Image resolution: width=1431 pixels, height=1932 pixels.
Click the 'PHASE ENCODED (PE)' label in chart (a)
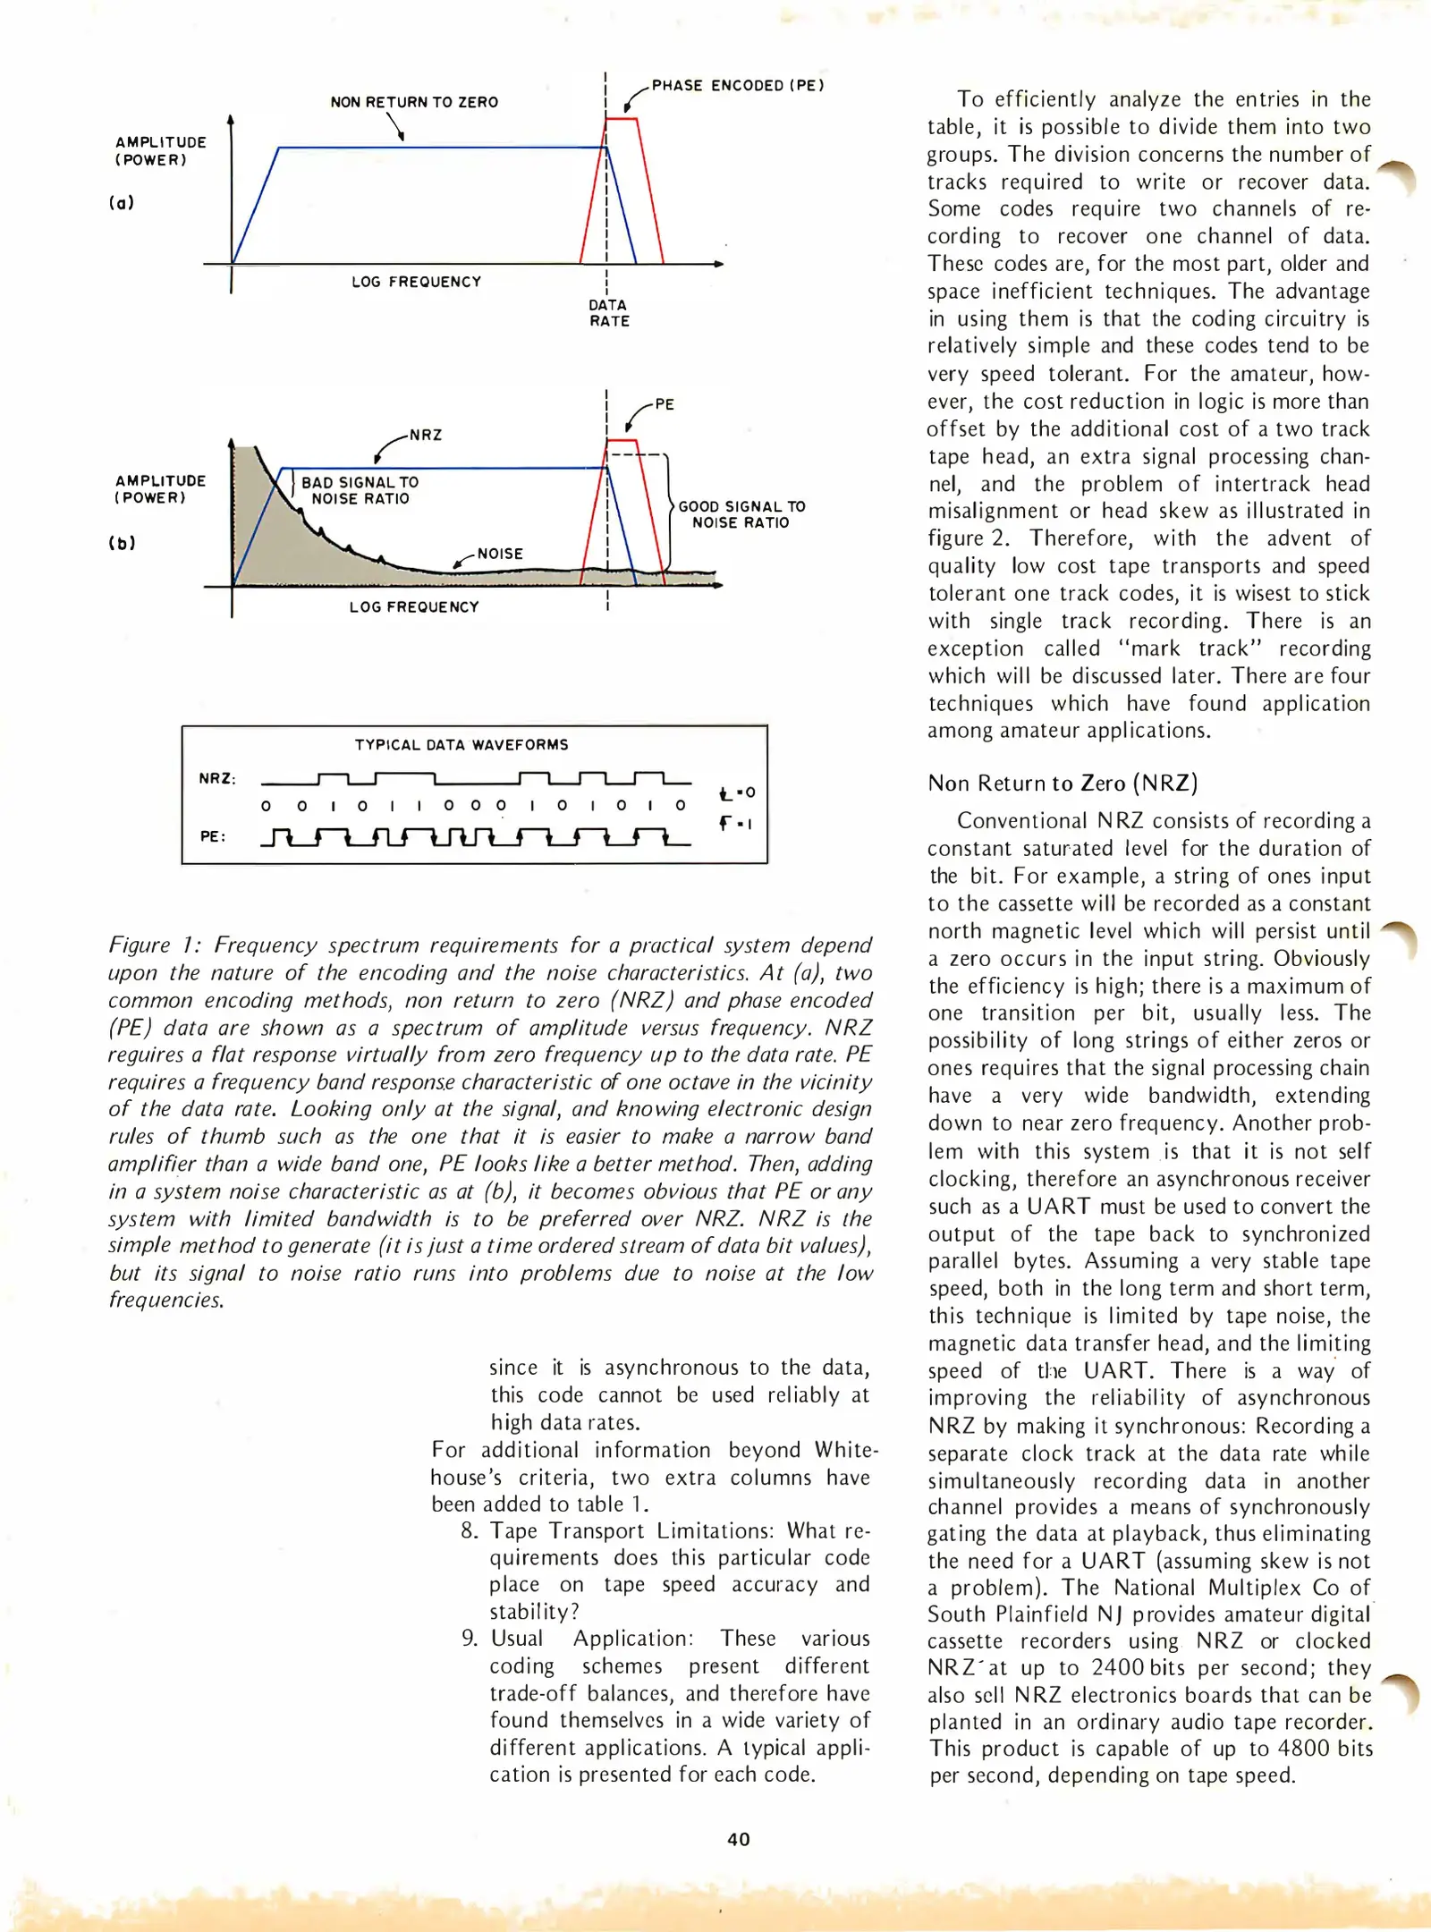tap(737, 86)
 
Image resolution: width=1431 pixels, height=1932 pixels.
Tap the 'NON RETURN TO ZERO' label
tap(414, 102)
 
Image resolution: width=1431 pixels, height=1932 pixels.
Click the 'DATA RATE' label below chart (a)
tap(608, 313)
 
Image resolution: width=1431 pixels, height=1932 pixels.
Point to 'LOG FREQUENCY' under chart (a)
tap(416, 282)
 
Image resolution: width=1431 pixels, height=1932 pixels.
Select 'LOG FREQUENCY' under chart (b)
tap(414, 606)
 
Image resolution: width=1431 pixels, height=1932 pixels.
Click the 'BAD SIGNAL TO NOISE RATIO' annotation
tap(360, 490)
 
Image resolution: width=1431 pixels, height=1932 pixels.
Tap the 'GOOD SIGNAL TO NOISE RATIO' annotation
tap(741, 514)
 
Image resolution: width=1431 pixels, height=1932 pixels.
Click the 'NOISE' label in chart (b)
tap(500, 554)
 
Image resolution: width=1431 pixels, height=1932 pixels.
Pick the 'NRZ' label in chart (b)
tap(426, 436)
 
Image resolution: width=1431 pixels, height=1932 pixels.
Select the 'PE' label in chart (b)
tap(665, 404)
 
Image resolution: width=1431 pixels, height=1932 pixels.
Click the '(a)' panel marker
tap(122, 202)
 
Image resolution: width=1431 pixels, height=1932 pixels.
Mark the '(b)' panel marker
tap(122, 543)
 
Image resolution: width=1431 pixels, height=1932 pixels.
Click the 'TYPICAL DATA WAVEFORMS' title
tap(461, 744)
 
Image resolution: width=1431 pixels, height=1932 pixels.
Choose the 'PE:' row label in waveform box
tap(213, 836)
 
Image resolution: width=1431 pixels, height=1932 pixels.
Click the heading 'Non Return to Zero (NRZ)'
tap(1063, 784)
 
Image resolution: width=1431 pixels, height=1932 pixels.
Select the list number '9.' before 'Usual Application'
tap(470, 1639)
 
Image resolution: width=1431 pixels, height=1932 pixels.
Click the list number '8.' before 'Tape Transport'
tap(470, 1530)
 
